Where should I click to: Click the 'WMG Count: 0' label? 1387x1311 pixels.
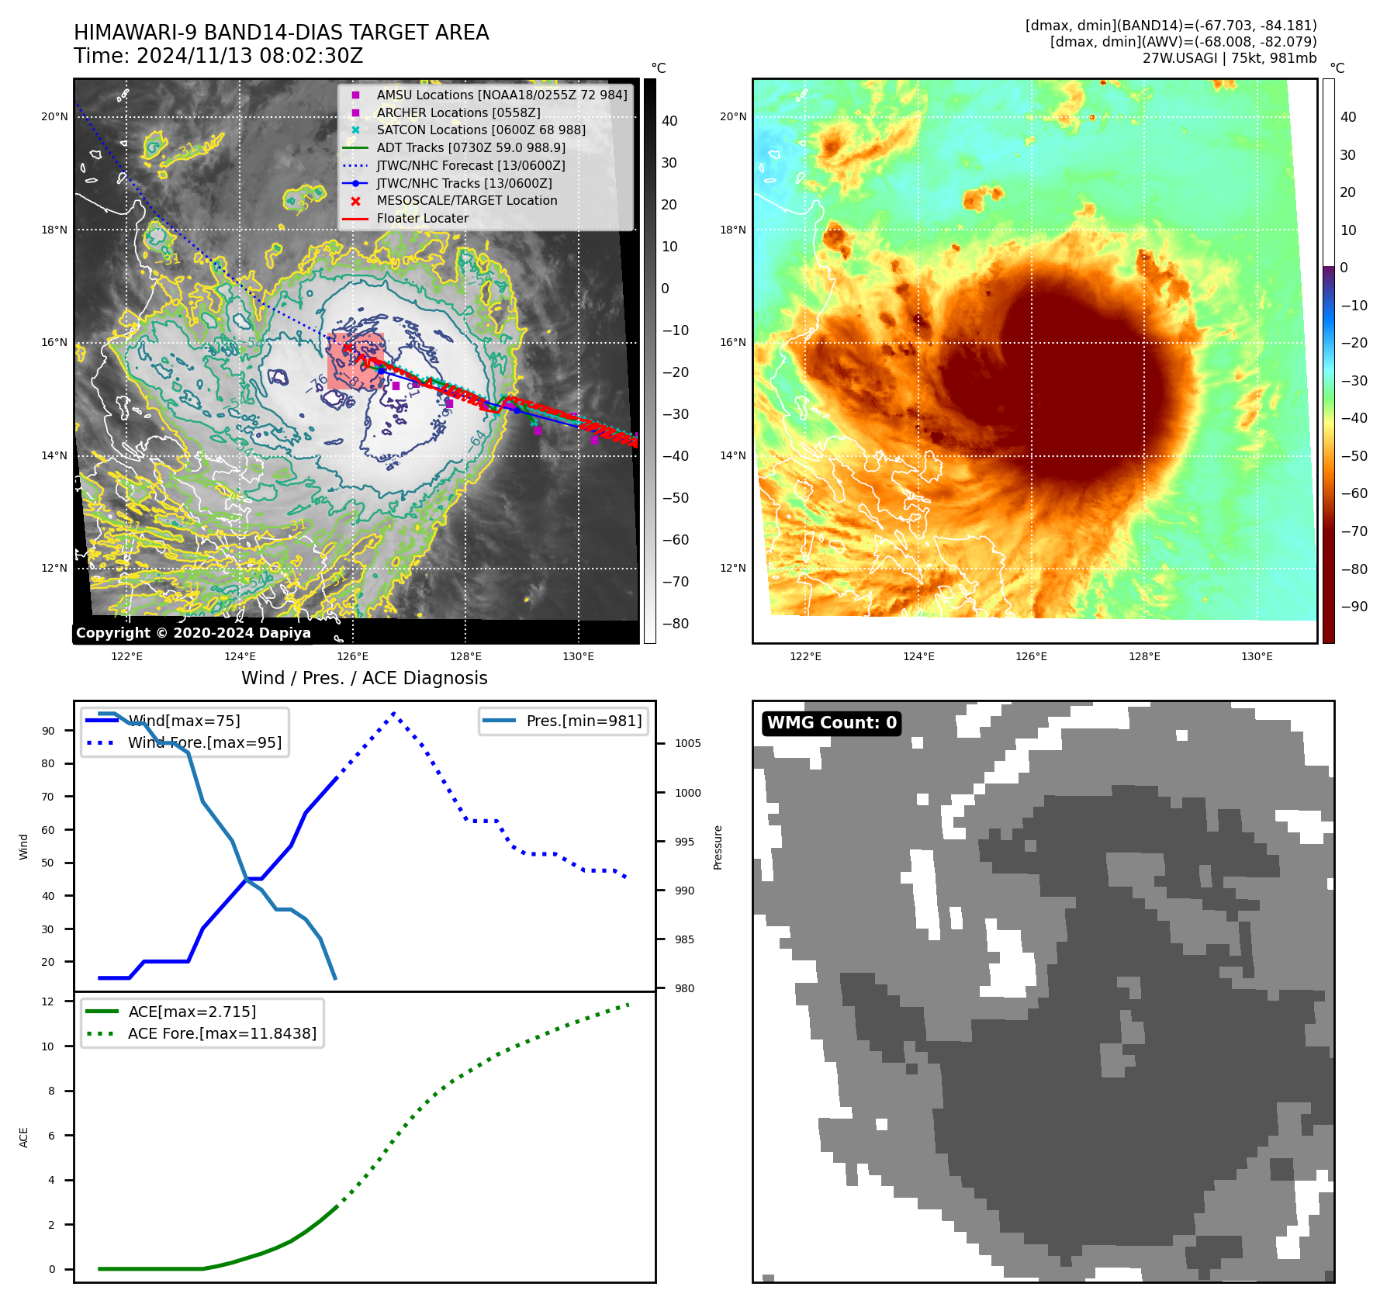pos(832,723)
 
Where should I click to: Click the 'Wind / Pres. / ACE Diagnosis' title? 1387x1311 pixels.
pos(364,678)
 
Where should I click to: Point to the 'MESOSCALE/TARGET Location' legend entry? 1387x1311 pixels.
pos(466,200)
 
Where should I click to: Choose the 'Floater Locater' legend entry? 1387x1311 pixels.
pos(422,218)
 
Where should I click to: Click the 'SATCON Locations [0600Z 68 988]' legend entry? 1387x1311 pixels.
pos(480,130)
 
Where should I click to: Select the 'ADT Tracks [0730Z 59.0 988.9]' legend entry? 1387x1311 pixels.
pos(470,147)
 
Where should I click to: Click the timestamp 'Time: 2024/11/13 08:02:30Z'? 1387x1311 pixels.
pos(218,56)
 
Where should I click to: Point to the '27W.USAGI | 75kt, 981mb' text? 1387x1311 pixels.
pos(1229,58)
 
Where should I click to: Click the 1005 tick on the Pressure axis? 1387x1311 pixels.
pos(687,743)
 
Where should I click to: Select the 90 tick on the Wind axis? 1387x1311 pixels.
pos(48,731)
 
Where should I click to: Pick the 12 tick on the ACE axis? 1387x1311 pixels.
pos(48,1001)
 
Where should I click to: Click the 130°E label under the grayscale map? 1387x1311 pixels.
pos(578,656)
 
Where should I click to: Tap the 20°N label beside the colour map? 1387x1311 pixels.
pos(732,117)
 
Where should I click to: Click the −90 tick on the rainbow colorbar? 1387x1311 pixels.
pos(1354,607)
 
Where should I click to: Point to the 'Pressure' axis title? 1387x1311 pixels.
pos(718,847)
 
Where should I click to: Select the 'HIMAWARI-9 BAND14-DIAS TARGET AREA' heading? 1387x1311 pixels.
pos(281,33)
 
